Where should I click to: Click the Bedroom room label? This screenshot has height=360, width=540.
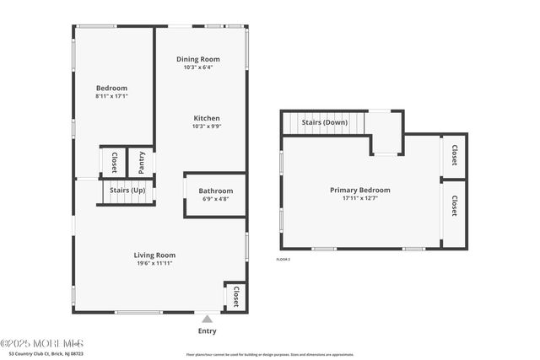111,89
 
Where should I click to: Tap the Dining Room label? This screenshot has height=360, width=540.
198,59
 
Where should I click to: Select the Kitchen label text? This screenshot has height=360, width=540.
207,118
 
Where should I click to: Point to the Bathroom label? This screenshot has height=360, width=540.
216,191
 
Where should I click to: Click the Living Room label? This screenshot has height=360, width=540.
154,255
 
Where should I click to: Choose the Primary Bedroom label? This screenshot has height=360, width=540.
360,191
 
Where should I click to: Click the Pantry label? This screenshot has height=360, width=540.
141,162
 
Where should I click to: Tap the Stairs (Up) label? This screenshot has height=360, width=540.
127,191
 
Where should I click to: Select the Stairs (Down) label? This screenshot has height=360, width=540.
325,122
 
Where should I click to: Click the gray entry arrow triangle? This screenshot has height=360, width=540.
207,319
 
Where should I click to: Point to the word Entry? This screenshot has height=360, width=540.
207,330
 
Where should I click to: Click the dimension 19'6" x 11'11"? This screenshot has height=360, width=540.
154,263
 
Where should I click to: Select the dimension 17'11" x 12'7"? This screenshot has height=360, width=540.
360,199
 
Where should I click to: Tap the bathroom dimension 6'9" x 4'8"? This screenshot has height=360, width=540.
216,200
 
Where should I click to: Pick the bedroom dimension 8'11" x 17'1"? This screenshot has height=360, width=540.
111,97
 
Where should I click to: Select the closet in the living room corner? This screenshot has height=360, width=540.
235,296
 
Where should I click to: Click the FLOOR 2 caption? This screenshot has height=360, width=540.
283,259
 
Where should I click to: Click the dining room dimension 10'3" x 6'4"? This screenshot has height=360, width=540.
198,67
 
